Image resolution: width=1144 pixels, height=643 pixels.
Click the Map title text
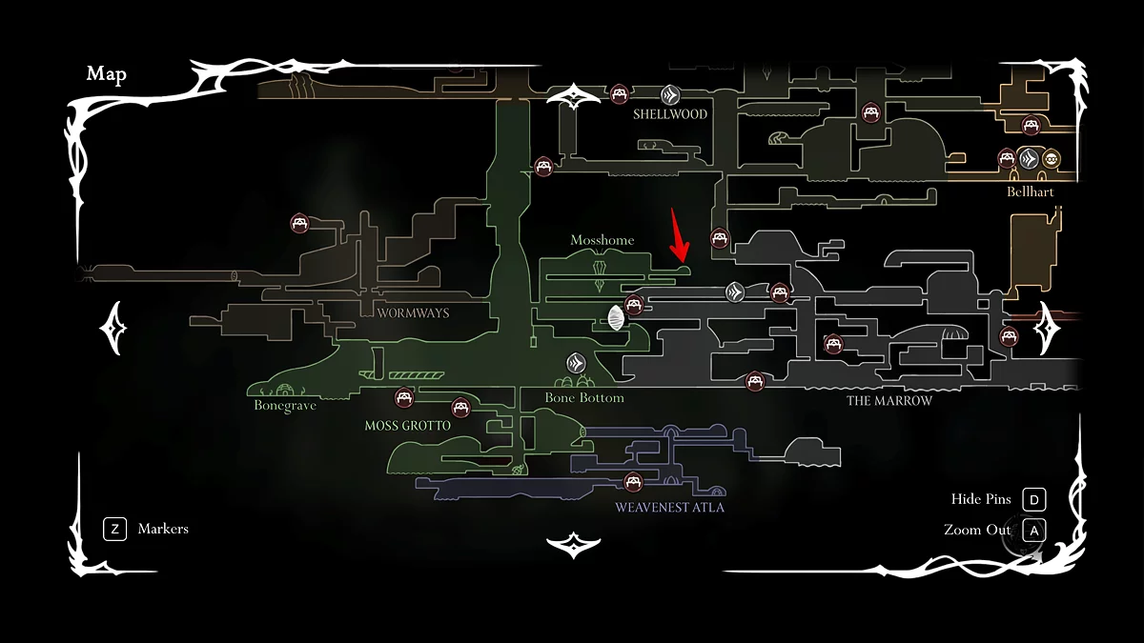click(x=106, y=74)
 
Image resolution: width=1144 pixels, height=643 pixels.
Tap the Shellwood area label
click(x=670, y=114)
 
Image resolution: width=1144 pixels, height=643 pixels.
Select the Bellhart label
click(x=1030, y=191)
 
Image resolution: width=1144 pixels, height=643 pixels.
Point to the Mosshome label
click(x=602, y=240)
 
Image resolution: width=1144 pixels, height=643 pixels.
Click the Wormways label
click(x=413, y=312)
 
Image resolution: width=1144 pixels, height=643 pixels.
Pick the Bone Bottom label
click(x=584, y=397)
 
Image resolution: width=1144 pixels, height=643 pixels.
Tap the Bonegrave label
click(x=285, y=406)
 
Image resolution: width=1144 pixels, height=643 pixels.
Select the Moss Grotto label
click(x=407, y=426)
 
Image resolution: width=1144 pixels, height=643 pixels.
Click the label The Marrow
click(x=889, y=401)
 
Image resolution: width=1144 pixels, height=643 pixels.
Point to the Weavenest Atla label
click(x=669, y=508)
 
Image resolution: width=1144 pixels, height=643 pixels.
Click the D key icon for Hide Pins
click(x=1033, y=499)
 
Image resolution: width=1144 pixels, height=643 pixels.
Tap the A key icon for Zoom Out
click(x=1033, y=530)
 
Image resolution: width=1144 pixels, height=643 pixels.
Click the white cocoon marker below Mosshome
click(x=616, y=316)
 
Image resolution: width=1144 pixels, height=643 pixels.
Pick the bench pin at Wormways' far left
click(x=300, y=224)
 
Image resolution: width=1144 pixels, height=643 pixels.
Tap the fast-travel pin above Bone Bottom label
click(x=576, y=363)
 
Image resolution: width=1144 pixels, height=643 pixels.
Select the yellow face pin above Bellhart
click(x=1052, y=159)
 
